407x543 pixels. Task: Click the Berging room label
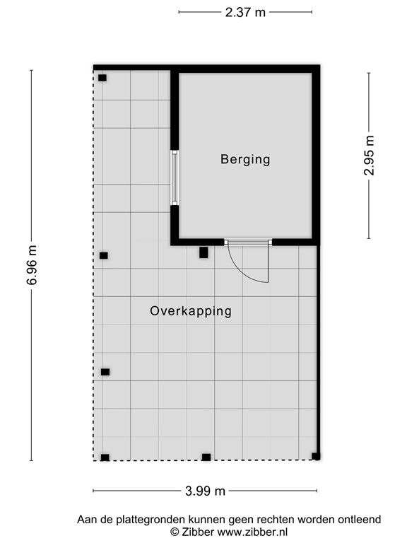(245, 159)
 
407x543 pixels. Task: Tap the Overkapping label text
(191, 311)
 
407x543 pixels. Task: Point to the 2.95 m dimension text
(368, 156)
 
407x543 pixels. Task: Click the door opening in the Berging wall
(248, 242)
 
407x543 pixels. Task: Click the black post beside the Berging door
(203, 252)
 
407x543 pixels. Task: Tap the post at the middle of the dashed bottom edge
(206, 457)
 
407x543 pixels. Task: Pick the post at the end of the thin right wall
(316, 456)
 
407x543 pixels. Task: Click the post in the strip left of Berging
(102, 78)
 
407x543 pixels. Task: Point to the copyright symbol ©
(175, 532)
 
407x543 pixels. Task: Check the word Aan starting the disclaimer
(87, 520)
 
